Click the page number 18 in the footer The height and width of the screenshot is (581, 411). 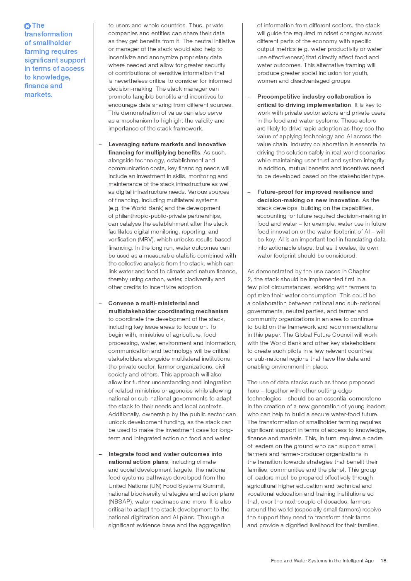point(383,561)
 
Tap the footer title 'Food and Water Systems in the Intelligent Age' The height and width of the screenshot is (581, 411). point(322,561)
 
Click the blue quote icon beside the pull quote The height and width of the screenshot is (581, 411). point(27,26)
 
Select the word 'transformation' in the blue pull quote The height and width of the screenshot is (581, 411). point(48,34)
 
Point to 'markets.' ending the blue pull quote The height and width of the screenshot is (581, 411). point(39,94)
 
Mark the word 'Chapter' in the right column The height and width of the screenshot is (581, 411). point(359,271)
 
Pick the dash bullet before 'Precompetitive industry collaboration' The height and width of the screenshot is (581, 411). point(249,96)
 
